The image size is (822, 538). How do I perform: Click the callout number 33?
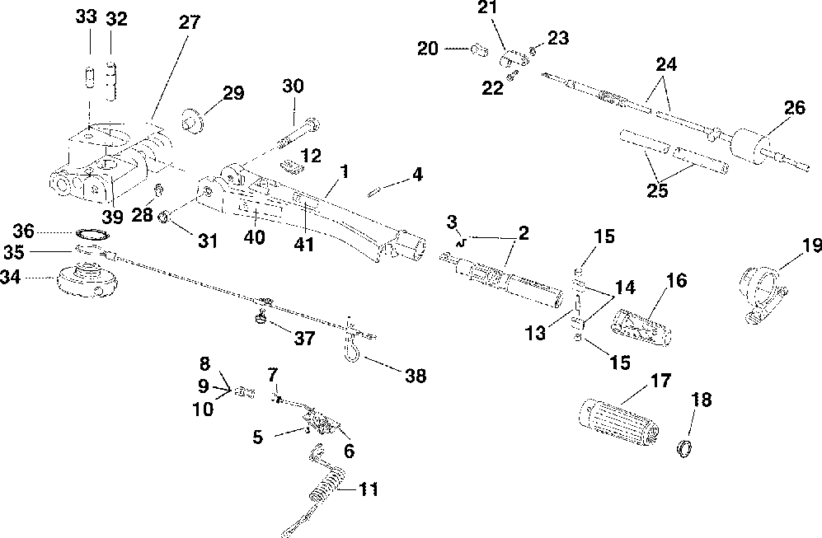coord(86,16)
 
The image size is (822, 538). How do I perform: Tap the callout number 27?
coord(190,22)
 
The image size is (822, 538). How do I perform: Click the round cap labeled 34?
coord(87,279)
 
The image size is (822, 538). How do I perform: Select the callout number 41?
coord(304,244)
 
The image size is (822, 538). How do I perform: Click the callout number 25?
coord(657,190)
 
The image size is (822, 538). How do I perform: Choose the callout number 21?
coord(488,8)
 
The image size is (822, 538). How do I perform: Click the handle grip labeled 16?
coord(641,327)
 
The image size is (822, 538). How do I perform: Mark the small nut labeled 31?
coord(163,215)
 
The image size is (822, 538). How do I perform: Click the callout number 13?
coord(536,333)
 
